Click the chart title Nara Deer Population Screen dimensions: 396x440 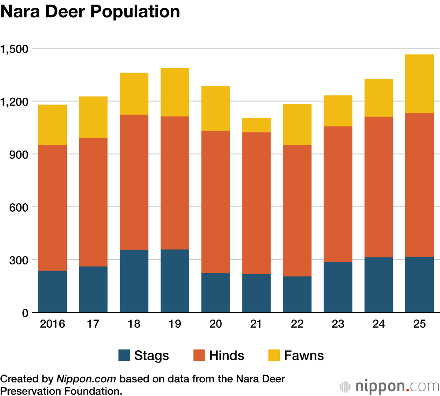(x=90, y=12)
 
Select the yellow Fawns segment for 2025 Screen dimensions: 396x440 (x=419, y=84)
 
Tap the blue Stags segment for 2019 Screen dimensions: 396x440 (x=175, y=281)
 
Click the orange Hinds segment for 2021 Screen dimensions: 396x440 (x=256, y=203)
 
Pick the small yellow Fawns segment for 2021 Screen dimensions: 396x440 (x=256, y=125)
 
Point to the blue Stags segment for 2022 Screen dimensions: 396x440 (x=297, y=294)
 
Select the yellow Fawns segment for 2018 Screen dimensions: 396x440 (x=134, y=94)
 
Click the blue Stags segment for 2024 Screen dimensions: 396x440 (x=378, y=285)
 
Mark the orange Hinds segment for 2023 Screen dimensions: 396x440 (x=338, y=194)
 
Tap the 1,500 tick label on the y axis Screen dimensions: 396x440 (x=15, y=49)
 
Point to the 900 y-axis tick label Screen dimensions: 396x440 (x=19, y=154)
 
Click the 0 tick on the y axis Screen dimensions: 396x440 (x=25, y=313)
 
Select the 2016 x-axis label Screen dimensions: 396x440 (x=52, y=325)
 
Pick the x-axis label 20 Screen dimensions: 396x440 (x=216, y=325)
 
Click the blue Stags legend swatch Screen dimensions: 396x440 (x=125, y=356)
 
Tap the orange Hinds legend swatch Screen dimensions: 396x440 (x=199, y=356)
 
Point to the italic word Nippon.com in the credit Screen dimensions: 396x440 (x=86, y=379)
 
